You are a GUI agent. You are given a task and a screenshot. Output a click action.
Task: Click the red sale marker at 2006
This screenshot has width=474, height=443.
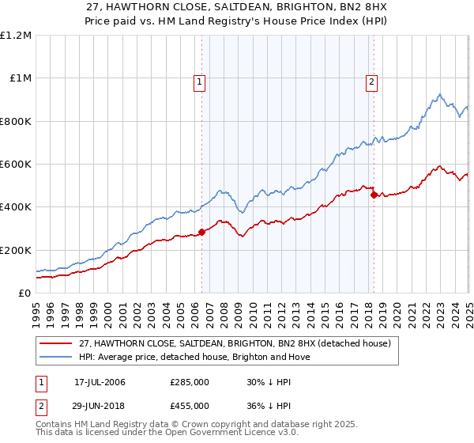click(x=201, y=232)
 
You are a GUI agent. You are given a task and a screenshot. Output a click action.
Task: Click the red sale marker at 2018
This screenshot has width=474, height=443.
click(x=374, y=195)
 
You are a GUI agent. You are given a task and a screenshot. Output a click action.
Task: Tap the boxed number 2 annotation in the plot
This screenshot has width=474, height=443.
click(x=371, y=80)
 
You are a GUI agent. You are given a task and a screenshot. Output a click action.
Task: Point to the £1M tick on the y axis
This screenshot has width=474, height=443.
click(x=21, y=78)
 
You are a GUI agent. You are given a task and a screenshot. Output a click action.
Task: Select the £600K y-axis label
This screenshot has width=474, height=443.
click(x=17, y=165)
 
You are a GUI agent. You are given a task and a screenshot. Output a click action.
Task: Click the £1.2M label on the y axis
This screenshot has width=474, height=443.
click(x=17, y=36)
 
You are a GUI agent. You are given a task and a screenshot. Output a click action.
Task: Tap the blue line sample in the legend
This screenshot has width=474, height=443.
click(x=56, y=357)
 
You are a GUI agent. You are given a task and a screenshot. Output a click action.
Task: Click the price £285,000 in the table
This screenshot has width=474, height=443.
click(x=190, y=382)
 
